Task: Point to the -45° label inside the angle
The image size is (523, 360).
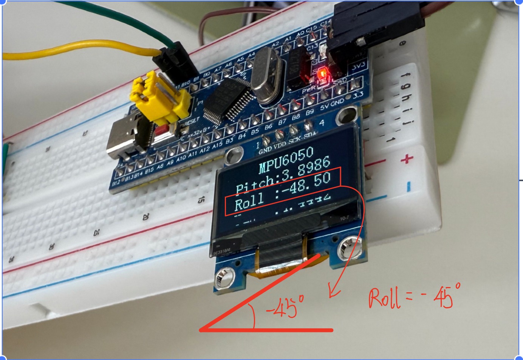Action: pyautogui.click(x=285, y=306)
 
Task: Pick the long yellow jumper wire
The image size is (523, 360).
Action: pyautogui.click(x=76, y=51)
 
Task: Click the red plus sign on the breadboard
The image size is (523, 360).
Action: pyautogui.click(x=407, y=159)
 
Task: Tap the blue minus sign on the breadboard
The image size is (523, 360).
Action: pyautogui.click(x=409, y=186)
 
